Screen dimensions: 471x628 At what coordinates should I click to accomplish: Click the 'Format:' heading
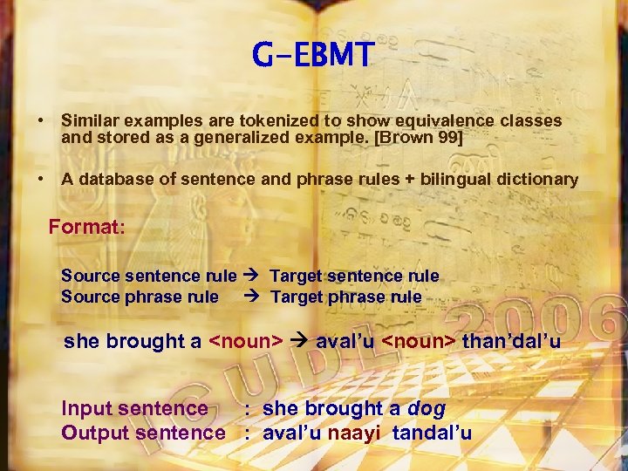click(x=87, y=228)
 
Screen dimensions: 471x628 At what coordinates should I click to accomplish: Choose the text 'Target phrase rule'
click(x=346, y=297)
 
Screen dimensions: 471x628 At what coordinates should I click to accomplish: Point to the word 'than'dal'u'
click(x=511, y=341)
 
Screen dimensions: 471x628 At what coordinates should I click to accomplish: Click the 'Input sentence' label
click(x=134, y=408)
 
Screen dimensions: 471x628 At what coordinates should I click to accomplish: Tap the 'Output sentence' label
click(x=143, y=432)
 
